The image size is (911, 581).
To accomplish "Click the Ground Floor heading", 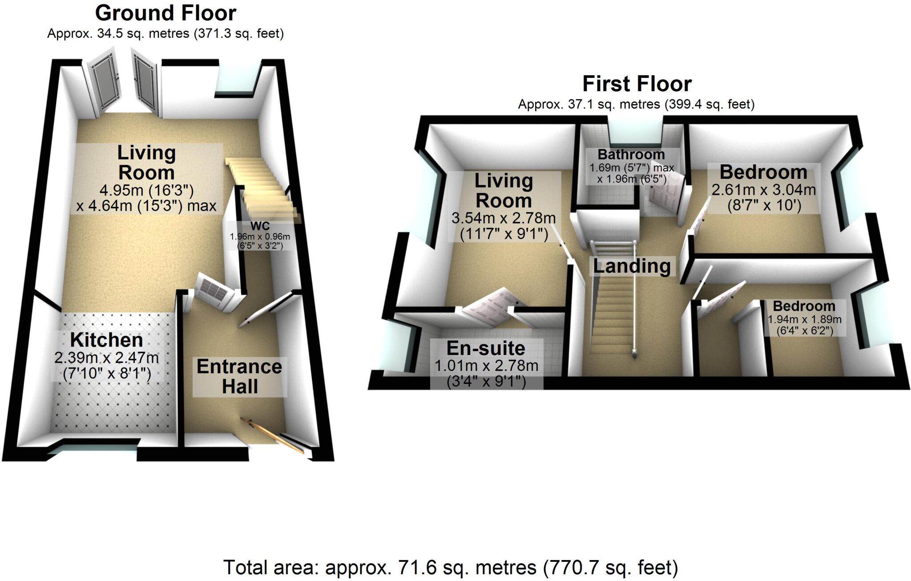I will [165, 13].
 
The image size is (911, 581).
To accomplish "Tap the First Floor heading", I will [637, 84].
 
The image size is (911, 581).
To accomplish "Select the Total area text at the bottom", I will [450, 567].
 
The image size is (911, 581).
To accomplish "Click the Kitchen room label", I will [107, 340].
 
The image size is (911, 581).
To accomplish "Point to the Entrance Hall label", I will [239, 376].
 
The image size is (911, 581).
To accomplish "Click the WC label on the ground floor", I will [260, 226].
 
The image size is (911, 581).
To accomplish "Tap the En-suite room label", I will [486, 348].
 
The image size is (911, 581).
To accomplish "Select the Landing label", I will [632, 266].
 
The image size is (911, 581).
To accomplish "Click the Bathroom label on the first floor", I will [631, 154].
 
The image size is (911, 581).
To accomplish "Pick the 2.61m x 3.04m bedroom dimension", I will [763, 190].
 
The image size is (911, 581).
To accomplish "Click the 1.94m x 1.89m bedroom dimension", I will [804, 319].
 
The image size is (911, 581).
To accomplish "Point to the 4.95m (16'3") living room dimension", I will [146, 190].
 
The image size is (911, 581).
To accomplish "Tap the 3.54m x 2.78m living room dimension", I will [504, 218].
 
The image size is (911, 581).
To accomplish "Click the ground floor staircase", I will [262, 187].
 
